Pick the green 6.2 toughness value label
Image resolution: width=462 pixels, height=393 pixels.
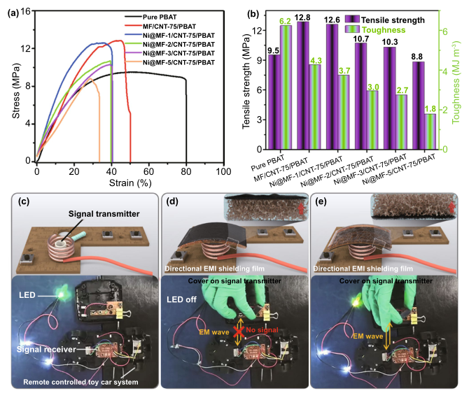pyautogui.click(x=286, y=22)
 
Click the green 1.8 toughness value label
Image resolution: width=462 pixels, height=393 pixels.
pyautogui.click(x=430, y=108)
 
